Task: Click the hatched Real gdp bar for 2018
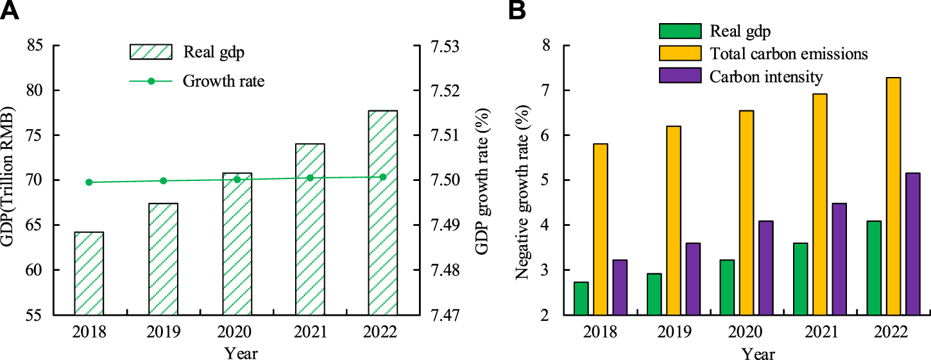click(x=89, y=273)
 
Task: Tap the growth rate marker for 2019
click(x=163, y=181)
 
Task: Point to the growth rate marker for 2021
click(x=310, y=178)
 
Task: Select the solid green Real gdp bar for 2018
click(x=581, y=298)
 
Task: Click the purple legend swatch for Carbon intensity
click(x=679, y=76)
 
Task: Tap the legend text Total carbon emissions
click(x=789, y=54)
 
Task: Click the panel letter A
click(x=9, y=11)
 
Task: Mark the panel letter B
click(x=518, y=11)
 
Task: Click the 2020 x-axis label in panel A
click(x=236, y=332)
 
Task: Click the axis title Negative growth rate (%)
click(x=525, y=180)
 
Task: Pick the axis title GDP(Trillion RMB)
click(x=10, y=180)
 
